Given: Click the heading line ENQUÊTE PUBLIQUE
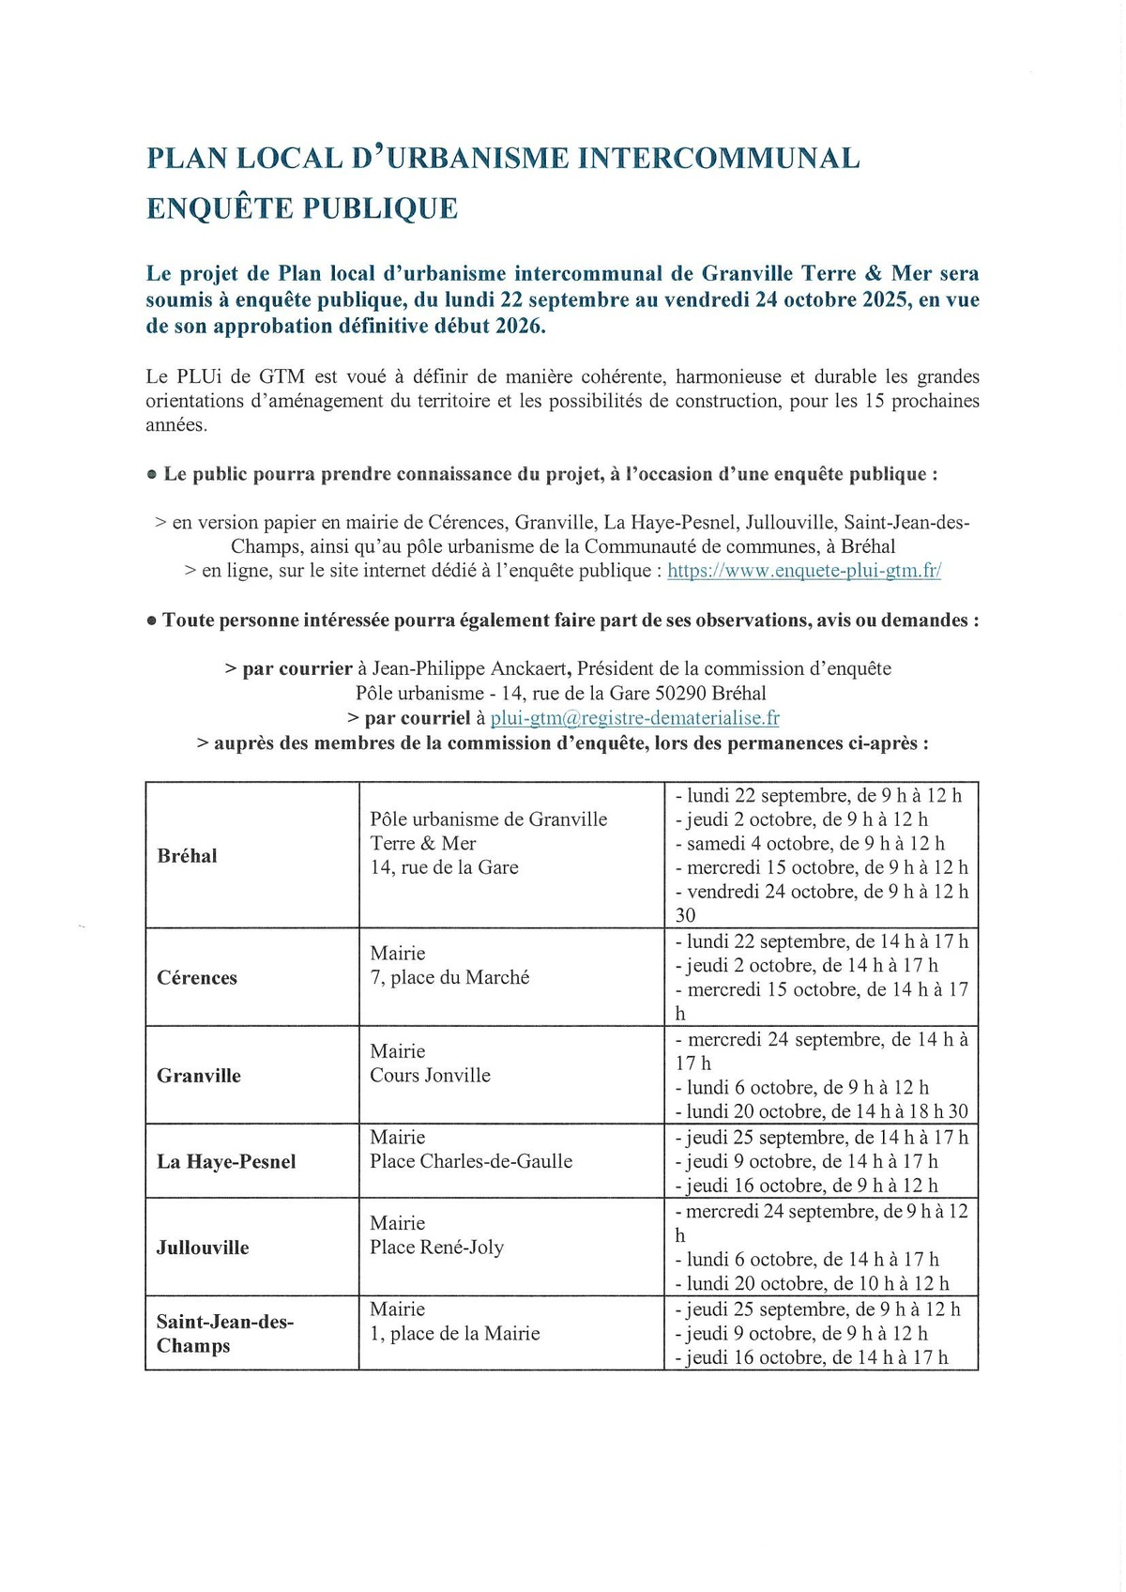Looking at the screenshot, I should [302, 208].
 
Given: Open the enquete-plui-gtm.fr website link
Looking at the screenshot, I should [804, 571].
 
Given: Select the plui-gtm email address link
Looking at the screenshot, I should [634, 718].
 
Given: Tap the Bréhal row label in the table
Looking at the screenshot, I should [188, 856].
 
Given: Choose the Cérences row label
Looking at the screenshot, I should [197, 978].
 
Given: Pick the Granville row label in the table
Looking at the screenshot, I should [199, 1076].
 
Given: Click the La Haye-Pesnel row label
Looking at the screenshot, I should [226, 1162].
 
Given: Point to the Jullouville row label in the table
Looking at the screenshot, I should [203, 1248].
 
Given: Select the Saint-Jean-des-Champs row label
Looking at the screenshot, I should [224, 1334].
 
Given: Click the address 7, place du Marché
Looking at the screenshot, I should [449, 977].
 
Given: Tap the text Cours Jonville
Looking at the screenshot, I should [430, 1076].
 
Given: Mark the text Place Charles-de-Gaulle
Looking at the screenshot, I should [471, 1162].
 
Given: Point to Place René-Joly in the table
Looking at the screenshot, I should [436, 1248].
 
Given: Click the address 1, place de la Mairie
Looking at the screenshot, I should [455, 1334].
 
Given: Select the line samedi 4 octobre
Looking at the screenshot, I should [810, 844].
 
